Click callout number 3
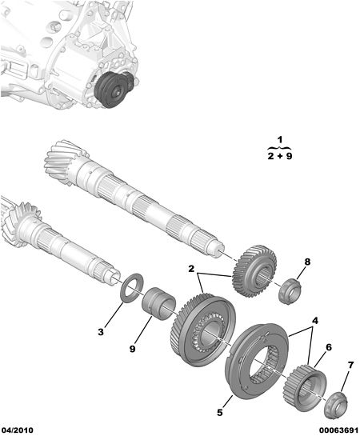click(x=101, y=331)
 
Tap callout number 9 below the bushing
click(x=132, y=349)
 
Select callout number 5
click(x=220, y=412)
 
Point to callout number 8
click(x=307, y=262)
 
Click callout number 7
click(x=350, y=365)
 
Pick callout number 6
click(x=329, y=347)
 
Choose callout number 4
click(x=314, y=321)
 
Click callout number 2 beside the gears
click(x=191, y=269)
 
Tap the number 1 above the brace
click(x=280, y=139)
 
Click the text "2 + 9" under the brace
click(x=280, y=156)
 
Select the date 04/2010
click(x=17, y=430)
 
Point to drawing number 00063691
click(x=338, y=430)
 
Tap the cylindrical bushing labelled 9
click(x=158, y=305)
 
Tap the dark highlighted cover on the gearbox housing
click(x=114, y=89)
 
